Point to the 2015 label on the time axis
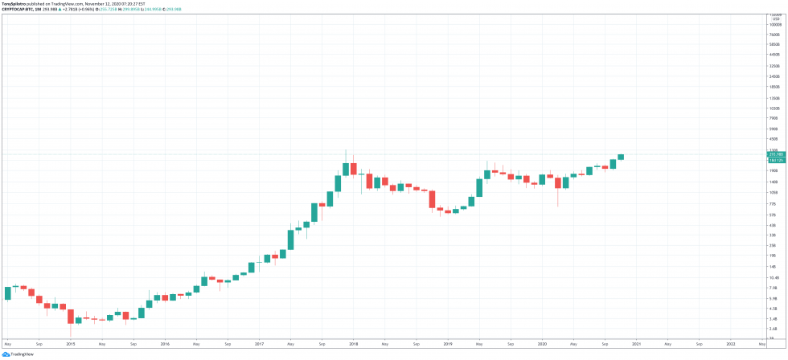pos(71,343)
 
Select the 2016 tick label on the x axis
pos(165,343)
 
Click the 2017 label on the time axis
pos(259,343)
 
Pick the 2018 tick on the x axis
pos(353,343)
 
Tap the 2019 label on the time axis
pos(447,343)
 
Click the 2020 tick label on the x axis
pos(541,343)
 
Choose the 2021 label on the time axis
pos(635,343)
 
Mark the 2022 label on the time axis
pos(729,343)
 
